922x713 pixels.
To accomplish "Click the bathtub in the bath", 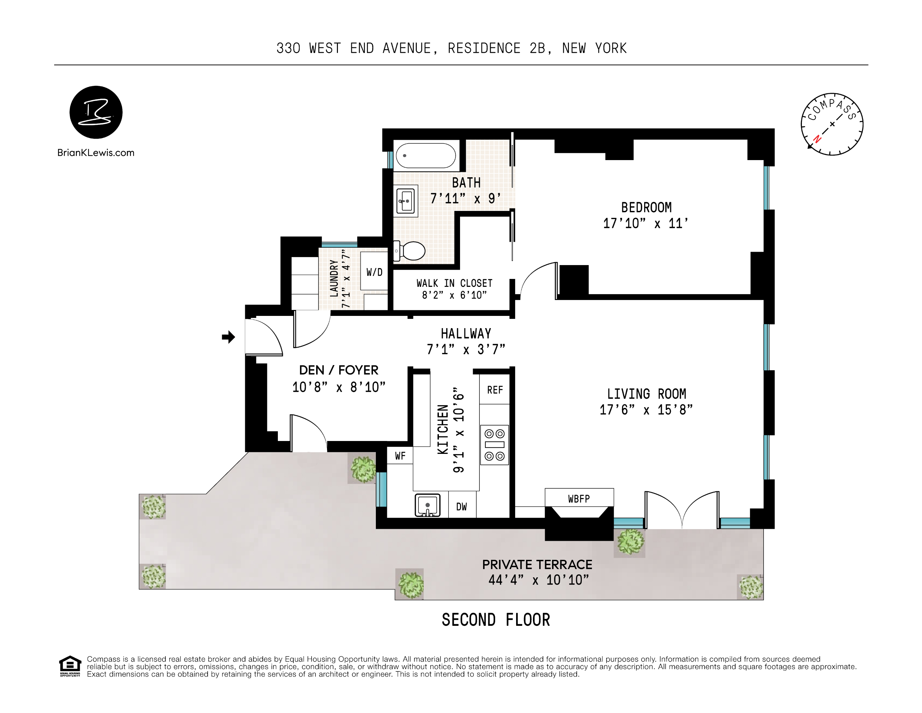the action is (x=426, y=155).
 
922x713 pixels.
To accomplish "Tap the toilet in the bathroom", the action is (x=409, y=251).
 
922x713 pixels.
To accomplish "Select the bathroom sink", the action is (x=406, y=201).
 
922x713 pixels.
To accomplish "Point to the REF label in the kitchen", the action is (x=495, y=390).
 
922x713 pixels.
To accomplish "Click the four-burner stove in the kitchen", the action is (x=494, y=445).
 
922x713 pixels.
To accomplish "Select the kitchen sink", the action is (x=428, y=505).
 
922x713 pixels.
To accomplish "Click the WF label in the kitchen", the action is (x=400, y=456).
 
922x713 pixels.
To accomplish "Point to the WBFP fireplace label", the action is (x=579, y=499).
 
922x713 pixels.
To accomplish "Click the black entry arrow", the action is (x=228, y=337).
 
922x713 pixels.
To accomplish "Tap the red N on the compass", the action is (x=817, y=139).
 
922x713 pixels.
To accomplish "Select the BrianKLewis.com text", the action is (x=96, y=153).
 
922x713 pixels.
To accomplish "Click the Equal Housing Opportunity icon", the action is (x=70, y=666).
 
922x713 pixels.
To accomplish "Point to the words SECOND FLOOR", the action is (x=496, y=620).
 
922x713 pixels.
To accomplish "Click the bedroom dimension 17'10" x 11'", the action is (x=645, y=223).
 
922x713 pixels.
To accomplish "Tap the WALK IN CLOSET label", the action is (x=455, y=283).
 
